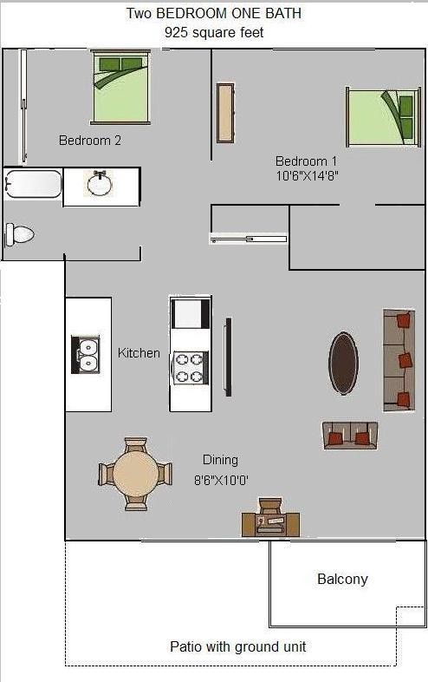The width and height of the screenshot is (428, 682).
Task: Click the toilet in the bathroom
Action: (19, 235)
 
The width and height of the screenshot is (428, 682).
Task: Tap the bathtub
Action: (33, 184)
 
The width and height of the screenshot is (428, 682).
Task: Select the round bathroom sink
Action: (100, 184)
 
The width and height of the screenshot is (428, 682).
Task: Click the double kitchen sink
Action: (86, 354)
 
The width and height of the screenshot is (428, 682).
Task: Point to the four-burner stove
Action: (191, 368)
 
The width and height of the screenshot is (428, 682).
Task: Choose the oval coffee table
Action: (343, 364)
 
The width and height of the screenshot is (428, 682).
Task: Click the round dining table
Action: (135, 474)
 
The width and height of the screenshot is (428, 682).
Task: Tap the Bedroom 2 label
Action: (90, 141)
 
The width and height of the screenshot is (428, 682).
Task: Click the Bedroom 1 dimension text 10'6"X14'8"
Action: (308, 176)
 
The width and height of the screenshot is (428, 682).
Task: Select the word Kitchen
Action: (139, 353)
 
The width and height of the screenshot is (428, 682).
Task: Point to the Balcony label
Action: (342, 579)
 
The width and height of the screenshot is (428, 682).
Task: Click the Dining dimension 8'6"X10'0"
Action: (221, 480)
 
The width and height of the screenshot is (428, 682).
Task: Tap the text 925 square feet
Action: (214, 33)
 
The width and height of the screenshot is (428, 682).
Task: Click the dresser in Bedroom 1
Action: (225, 113)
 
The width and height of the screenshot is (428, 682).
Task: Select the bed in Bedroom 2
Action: (121, 87)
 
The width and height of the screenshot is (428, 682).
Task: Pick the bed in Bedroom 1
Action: (383, 117)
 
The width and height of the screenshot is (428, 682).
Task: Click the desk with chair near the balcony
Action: (270, 518)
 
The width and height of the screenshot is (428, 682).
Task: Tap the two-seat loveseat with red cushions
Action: (350, 435)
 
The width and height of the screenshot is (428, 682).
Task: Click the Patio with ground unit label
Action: (237, 646)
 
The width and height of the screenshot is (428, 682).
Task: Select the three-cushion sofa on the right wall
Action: (399, 360)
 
